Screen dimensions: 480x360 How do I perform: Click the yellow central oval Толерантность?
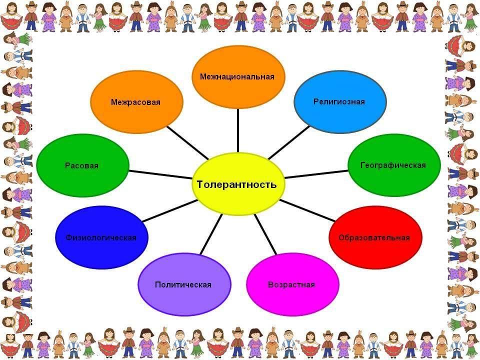pyautogui.click(x=238, y=184)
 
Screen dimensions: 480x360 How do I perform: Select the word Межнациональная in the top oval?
pyautogui.click(x=237, y=76)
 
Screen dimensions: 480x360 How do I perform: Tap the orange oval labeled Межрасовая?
pyautogui.click(x=136, y=102)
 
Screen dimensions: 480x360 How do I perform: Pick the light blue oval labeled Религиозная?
pyautogui.click(x=340, y=101)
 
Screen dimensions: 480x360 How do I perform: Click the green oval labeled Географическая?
pyautogui.click(x=394, y=165)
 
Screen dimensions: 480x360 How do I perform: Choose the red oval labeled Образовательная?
pyautogui.click(x=375, y=237)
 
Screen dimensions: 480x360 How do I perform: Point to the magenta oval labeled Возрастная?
pyautogui.click(x=292, y=284)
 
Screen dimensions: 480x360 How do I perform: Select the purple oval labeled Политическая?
pyautogui.click(x=184, y=284)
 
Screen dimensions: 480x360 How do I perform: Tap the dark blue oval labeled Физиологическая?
pyautogui.click(x=101, y=237)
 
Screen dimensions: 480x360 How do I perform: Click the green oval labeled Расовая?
pyautogui.click(x=82, y=165)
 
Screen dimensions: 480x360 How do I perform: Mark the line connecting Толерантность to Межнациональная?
pyautogui.click(x=238, y=130)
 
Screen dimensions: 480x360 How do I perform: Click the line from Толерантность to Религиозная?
pyautogui.click(x=288, y=142)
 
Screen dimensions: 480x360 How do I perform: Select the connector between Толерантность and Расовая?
pyautogui.click(x=161, y=174)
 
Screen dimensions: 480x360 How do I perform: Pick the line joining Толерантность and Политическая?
pyautogui.click(x=211, y=234)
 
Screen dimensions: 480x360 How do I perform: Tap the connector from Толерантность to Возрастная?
pyautogui.click(x=265, y=234)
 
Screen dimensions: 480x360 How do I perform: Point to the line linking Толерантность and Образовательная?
pyautogui.click(x=307, y=210)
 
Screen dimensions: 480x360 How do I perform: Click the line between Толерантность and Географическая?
pyautogui.click(x=316, y=174)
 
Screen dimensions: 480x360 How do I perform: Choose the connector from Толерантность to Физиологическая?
pyautogui.click(x=170, y=210)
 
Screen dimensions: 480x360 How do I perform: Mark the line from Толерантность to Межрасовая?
pyautogui.click(x=188, y=143)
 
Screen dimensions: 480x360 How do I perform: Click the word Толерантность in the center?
pyautogui.click(x=236, y=184)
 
